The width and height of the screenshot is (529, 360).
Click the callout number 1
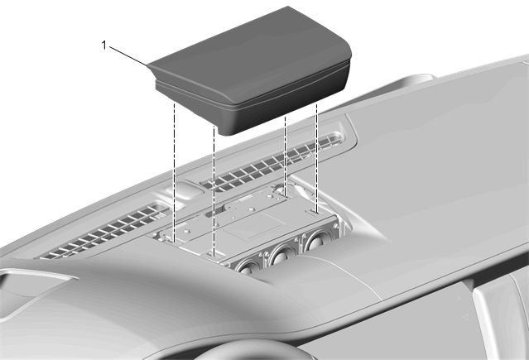104,46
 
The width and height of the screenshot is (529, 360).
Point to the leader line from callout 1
128,55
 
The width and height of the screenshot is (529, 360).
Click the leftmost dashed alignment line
174,172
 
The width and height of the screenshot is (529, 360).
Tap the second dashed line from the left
214,190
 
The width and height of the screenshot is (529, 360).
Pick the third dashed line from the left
286,156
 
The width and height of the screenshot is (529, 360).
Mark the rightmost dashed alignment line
316,158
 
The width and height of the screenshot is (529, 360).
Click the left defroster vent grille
105,231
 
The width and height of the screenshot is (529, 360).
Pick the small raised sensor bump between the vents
185,190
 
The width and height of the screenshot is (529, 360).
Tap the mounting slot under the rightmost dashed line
314,212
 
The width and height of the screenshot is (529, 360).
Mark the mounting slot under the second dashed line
214,254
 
